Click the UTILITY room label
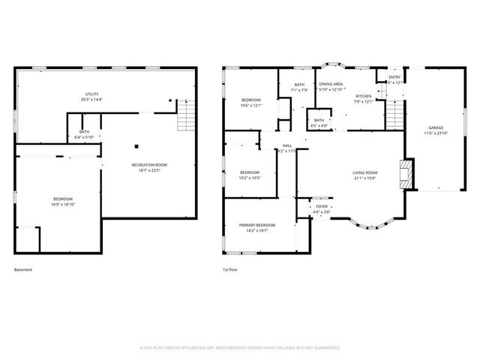coord(91,94)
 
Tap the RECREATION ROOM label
coord(149,164)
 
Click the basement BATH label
coord(84,132)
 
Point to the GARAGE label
coord(436,127)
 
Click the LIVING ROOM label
coord(365,173)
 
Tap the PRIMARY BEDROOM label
coord(256,225)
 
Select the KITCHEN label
coord(363,96)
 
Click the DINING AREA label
coord(331,84)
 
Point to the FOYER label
coord(321,206)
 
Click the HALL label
coord(287,145)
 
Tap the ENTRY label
coord(394,76)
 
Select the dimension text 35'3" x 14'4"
coord(91,100)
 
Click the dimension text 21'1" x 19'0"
coord(365,179)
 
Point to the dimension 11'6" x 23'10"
coord(436,133)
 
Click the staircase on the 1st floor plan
coord(394,115)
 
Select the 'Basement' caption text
coord(23,270)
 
